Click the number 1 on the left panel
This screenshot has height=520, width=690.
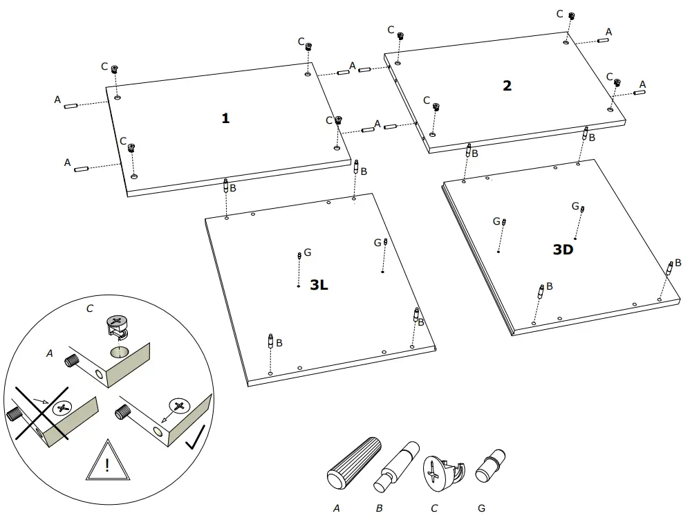(x=225, y=118)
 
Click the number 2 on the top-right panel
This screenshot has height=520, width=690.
(x=507, y=86)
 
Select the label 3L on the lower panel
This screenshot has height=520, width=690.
(x=319, y=285)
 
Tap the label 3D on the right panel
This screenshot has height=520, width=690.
(x=563, y=250)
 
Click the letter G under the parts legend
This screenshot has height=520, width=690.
(x=481, y=508)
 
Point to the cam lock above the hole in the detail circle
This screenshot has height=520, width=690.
(x=116, y=324)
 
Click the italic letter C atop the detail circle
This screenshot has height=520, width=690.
(x=90, y=308)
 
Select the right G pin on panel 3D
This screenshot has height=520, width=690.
(x=582, y=209)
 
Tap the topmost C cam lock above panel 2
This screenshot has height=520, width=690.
(x=572, y=16)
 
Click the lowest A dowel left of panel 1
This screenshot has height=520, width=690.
(x=82, y=168)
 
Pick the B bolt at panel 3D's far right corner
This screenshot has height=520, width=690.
(x=669, y=268)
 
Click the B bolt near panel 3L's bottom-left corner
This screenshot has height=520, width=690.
(x=270, y=342)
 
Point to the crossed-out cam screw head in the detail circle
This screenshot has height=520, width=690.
(x=63, y=407)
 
